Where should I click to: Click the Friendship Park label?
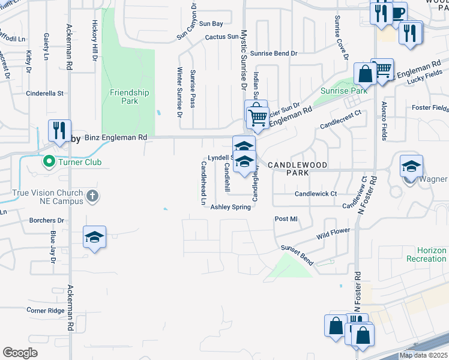tap(129, 97)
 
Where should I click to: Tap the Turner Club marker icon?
tap(46, 162)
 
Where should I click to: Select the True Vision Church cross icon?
tap(92, 196)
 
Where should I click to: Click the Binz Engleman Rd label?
tap(116, 137)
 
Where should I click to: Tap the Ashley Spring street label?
tap(230, 207)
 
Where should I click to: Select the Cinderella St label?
tap(44, 94)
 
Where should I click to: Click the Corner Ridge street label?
tap(45, 310)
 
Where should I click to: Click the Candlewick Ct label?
tap(316, 194)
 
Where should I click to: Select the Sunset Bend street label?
tap(297, 247)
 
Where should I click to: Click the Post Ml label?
tap(286, 219)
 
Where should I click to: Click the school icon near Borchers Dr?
tap(95, 237)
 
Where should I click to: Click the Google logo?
tap(20, 353)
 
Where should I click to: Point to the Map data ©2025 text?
tap(424, 355)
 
